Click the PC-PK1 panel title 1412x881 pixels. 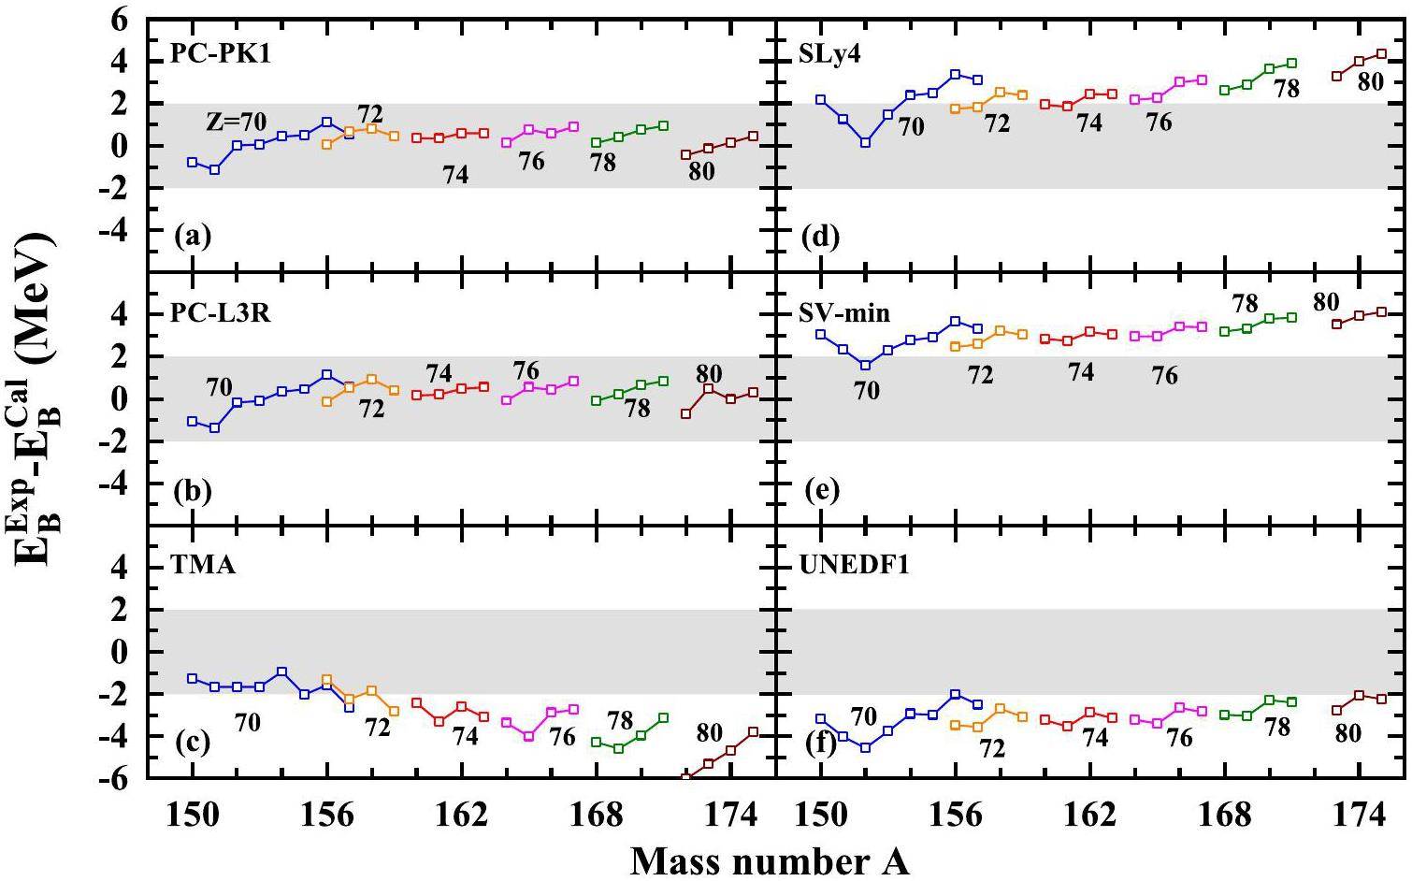tap(220, 53)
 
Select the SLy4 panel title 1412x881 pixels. tap(828, 53)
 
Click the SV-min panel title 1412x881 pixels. tap(844, 312)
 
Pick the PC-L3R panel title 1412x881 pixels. tap(220, 312)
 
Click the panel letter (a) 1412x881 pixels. tap(193, 237)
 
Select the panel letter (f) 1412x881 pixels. tap(820, 744)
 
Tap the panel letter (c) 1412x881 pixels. tap(193, 744)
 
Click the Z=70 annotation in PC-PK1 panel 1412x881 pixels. tap(237, 122)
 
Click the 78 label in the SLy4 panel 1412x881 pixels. tap(1287, 89)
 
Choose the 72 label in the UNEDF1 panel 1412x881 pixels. tap(991, 748)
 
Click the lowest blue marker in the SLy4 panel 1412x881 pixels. tap(865, 143)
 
